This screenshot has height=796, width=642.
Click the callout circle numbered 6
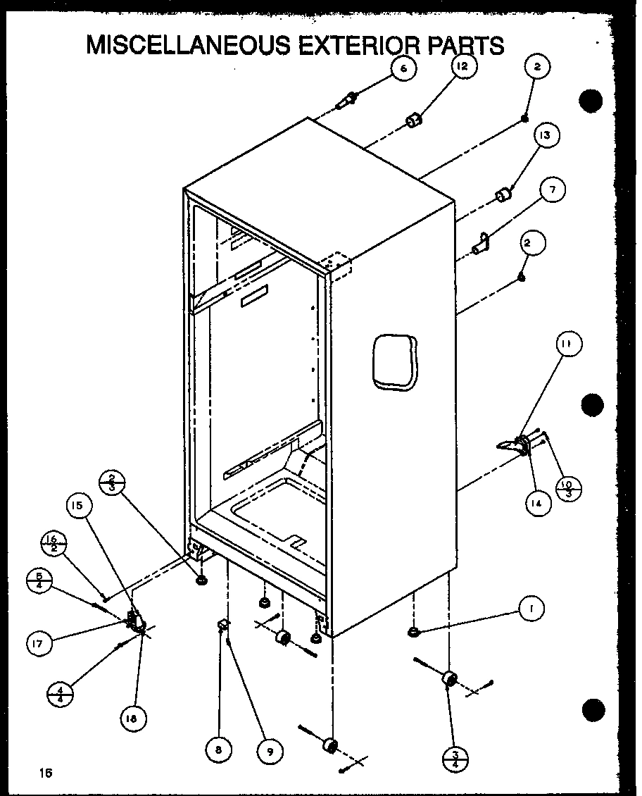(x=403, y=68)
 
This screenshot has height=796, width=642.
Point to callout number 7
(x=553, y=190)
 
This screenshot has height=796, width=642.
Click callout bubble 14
(x=538, y=503)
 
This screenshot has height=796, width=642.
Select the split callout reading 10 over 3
(x=568, y=487)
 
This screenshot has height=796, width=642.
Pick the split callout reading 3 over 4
(x=455, y=759)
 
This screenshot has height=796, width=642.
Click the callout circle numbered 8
(x=219, y=751)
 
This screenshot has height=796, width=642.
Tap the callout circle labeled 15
(x=80, y=506)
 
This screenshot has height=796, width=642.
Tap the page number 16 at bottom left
(x=46, y=773)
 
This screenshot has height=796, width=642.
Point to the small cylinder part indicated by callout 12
(x=414, y=121)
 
